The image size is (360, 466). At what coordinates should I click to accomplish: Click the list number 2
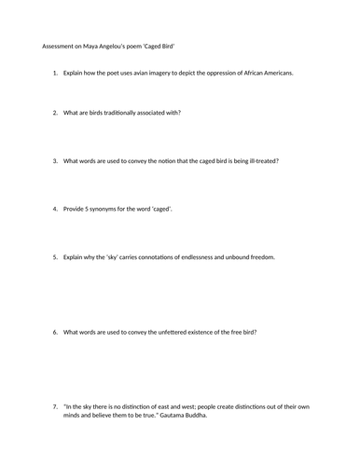(55, 113)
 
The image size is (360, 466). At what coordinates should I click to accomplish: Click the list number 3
(55, 160)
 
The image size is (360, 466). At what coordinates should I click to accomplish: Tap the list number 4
(55, 209)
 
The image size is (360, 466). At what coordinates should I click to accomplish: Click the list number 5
(55, 256)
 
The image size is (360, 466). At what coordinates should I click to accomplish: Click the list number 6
(55, 332)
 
